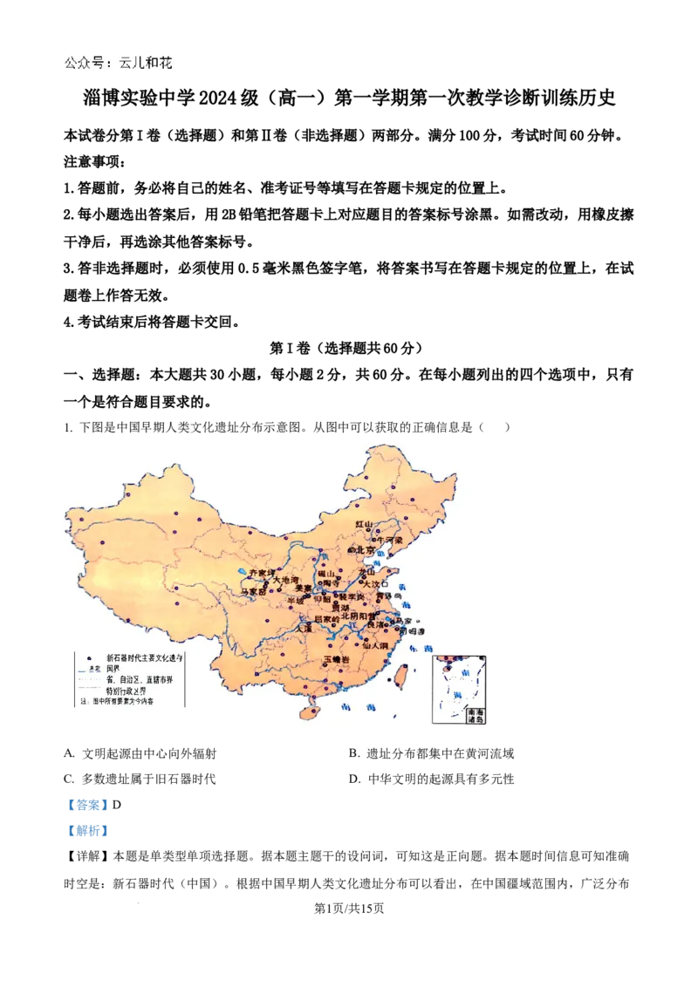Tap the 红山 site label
tap(364, 524)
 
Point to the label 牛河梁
tap(390, 540)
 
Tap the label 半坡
tap(297, 600)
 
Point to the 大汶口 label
tap(375, 583)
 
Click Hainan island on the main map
tap(309, 713)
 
